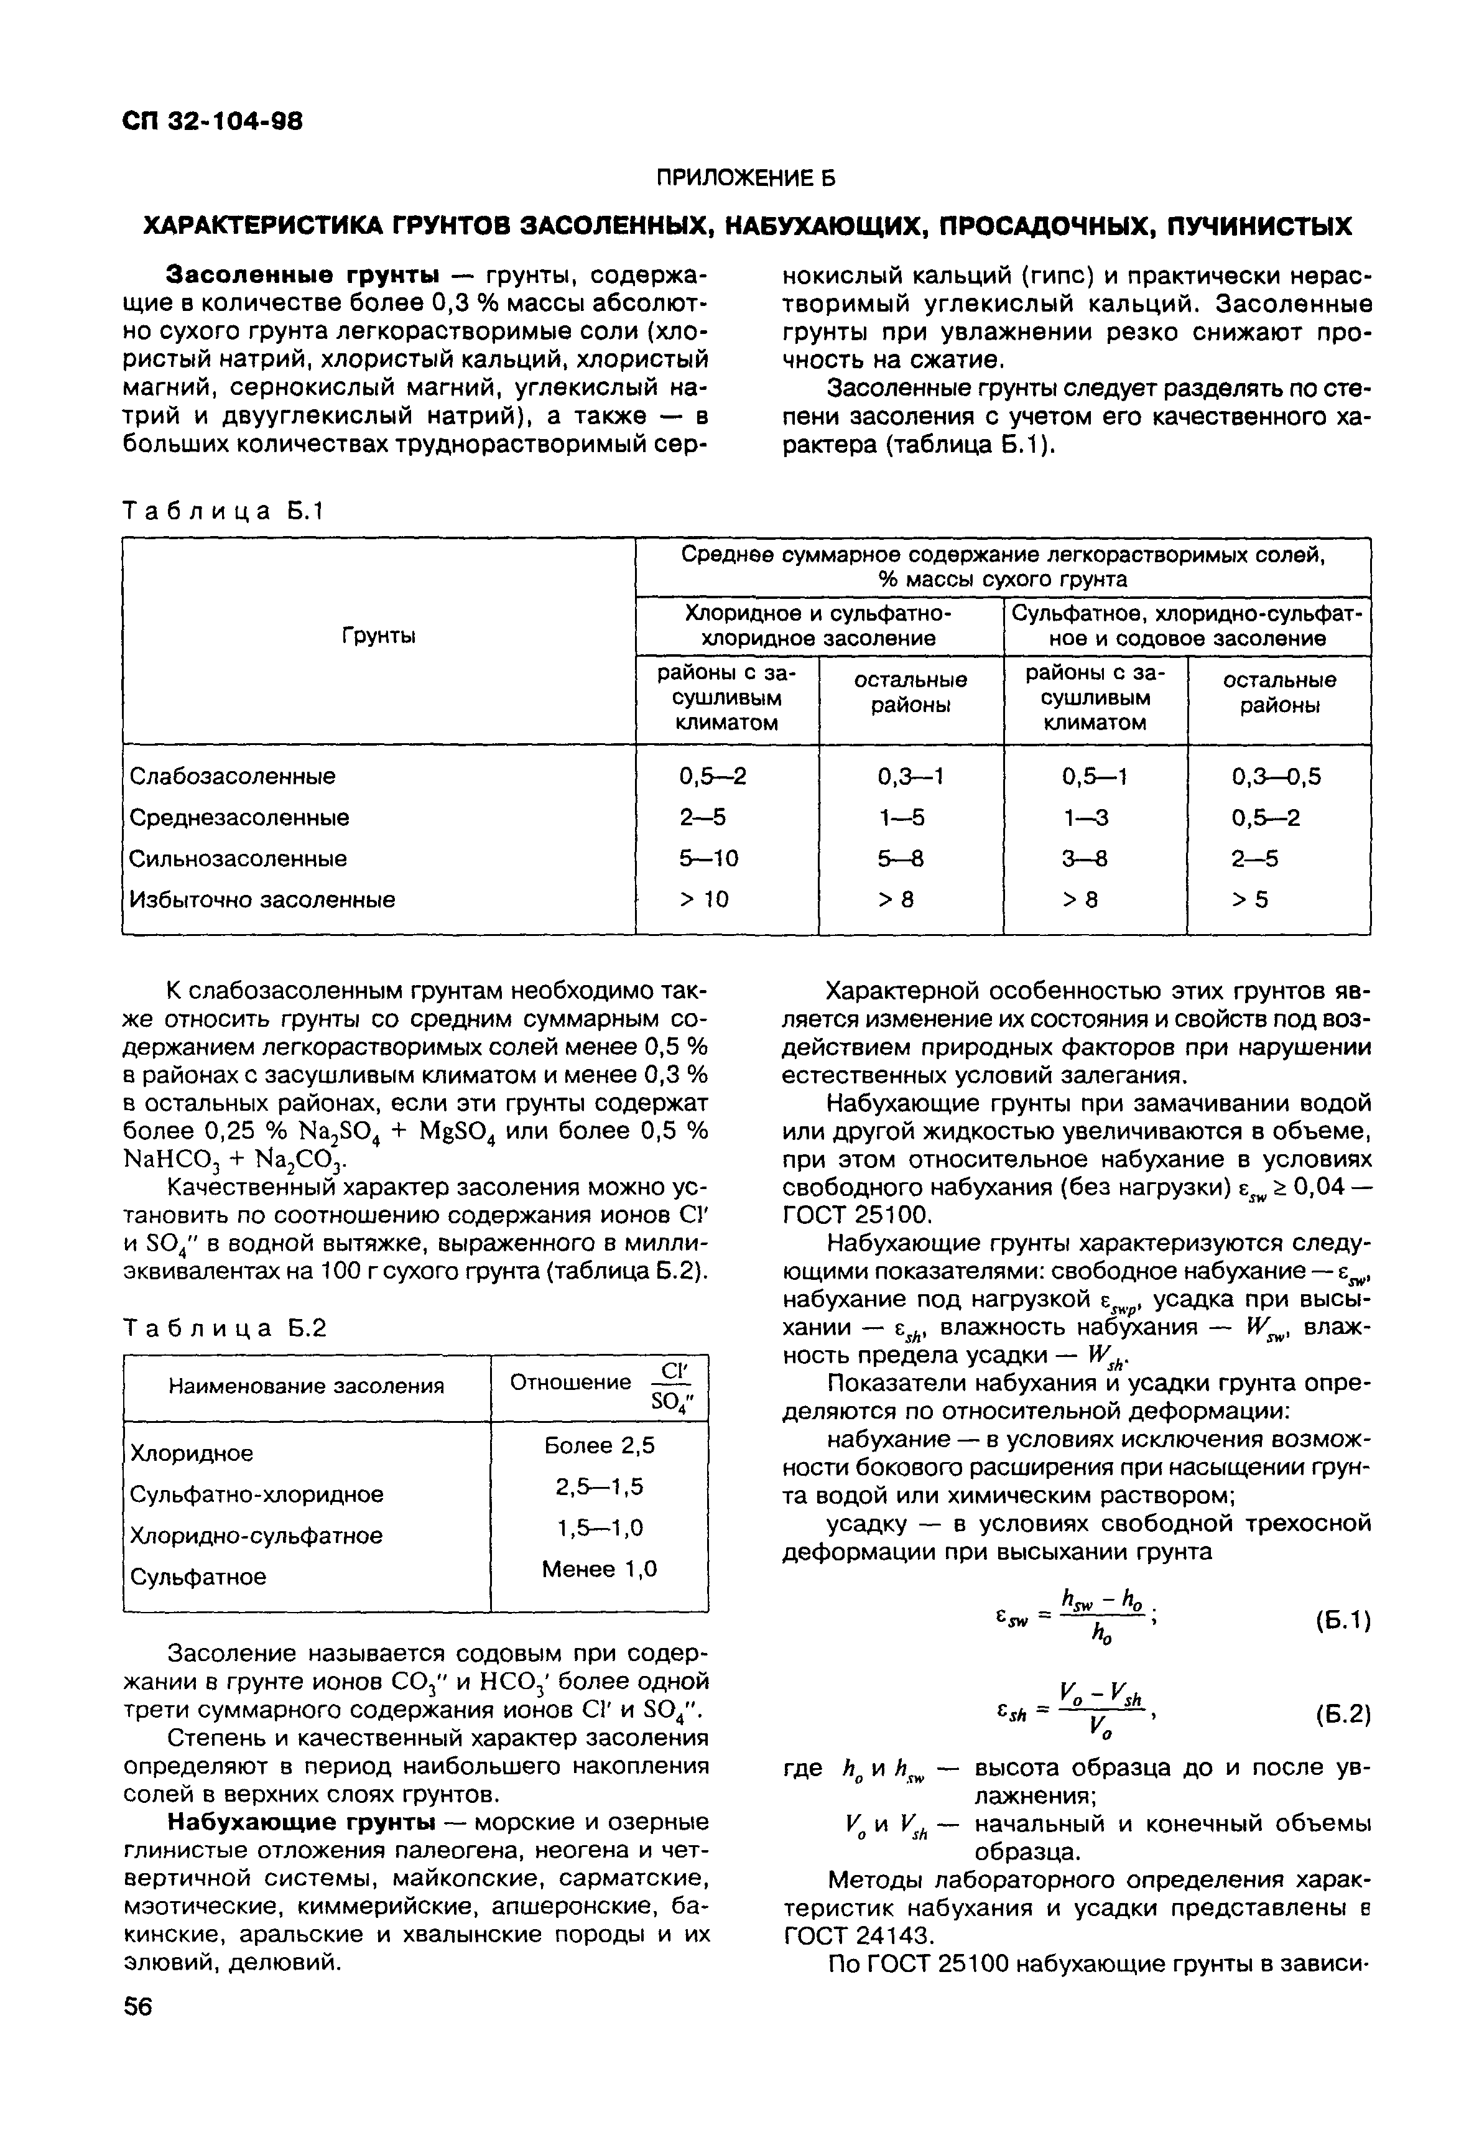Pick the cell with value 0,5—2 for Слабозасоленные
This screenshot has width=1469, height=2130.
[x=712, y=777]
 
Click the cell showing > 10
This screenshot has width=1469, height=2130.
[x=704, y=899]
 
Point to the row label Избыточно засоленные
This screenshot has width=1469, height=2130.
[x=262, y=899]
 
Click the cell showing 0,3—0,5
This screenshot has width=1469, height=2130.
[x=1276, y=777]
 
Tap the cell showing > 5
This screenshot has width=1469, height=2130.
[x=1250, y=899]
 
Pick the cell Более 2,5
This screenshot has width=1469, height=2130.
[x=599, y=1446]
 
